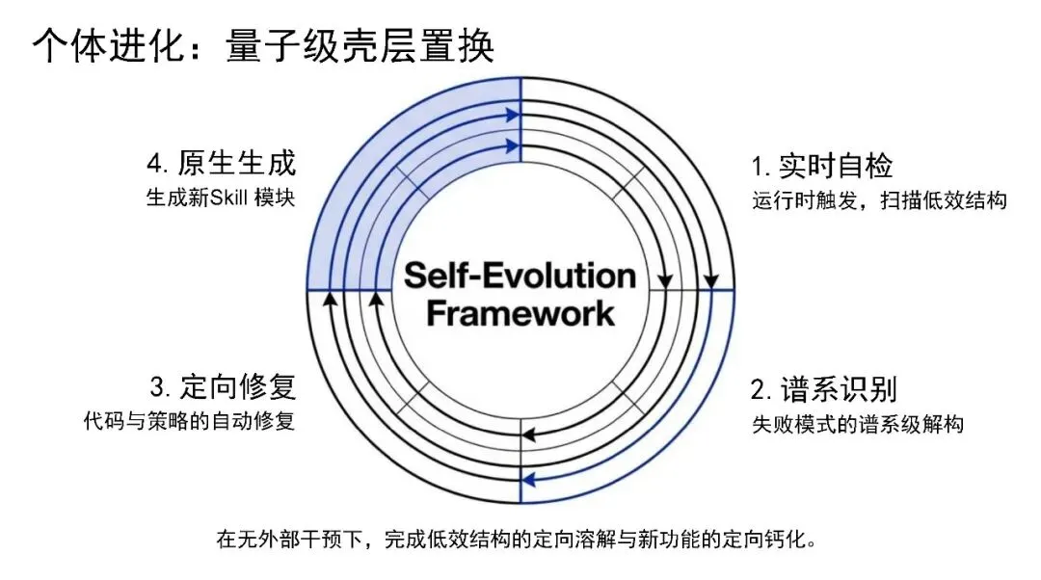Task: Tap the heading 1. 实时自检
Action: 822,166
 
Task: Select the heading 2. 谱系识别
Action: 824,389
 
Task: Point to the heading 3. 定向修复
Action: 223,387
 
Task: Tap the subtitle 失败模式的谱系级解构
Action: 857,424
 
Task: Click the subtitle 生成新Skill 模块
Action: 220,198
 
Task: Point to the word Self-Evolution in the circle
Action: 520,276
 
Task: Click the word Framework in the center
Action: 520,313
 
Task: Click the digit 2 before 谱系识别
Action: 759,390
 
